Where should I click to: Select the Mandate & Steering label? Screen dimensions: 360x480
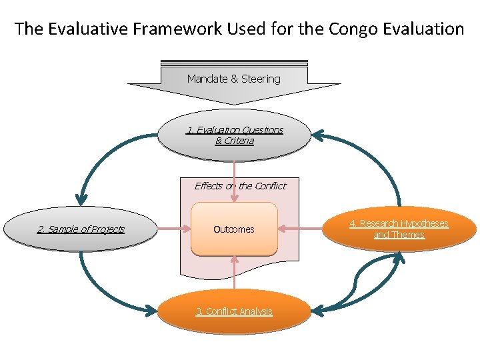[233, 79]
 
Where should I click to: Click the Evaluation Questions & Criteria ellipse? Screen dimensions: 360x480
[234, 135]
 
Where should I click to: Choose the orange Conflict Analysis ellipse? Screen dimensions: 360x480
[234, 311]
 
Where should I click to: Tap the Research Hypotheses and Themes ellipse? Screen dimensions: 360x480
[400, 229]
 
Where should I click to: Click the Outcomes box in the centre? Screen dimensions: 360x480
[234, 229]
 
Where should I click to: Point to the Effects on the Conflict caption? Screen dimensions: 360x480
[240, 186]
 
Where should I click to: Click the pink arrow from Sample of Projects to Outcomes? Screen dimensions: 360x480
[175, 229]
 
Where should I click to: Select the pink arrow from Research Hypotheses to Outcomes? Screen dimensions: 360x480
[300, 229]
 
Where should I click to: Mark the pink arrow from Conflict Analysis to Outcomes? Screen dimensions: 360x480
[234, 273]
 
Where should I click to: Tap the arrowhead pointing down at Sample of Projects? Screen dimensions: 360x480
[81, 198]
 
